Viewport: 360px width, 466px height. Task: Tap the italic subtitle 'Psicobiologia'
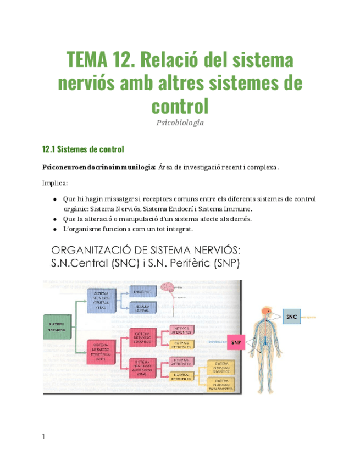[x=180, y=123]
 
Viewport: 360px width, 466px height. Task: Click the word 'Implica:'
[x=54, y=183]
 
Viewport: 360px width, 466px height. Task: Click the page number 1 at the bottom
[x=43, y=437]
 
